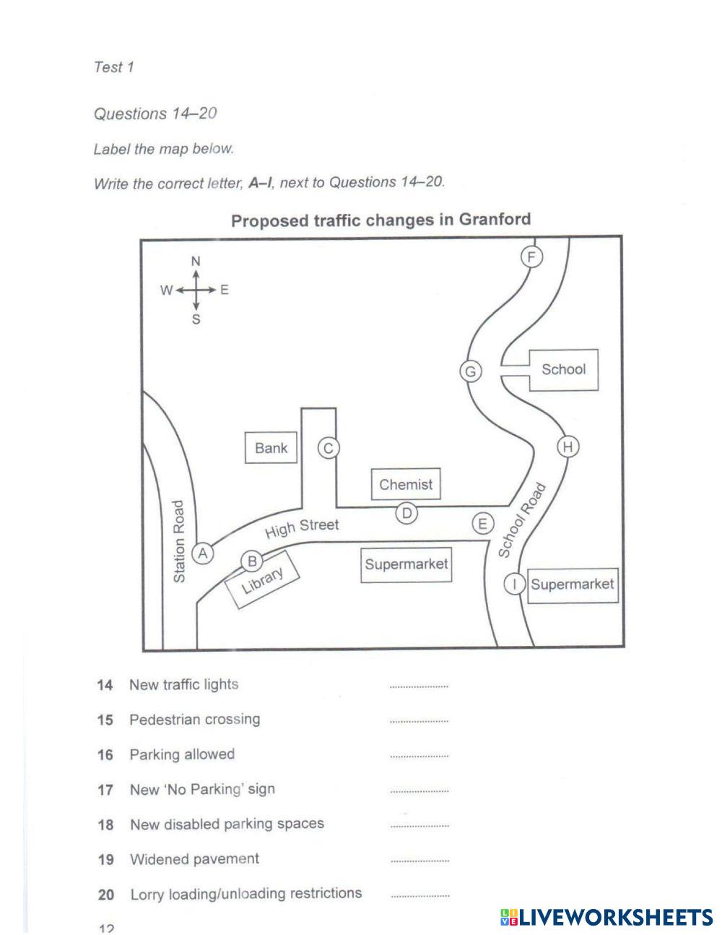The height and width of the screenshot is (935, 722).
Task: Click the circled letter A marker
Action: (x=203, y=553)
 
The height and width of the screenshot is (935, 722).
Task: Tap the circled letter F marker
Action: (x=532, y=257)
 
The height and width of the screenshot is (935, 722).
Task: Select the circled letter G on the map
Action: (x=471, y=371)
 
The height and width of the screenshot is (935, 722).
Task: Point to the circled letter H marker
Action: (x=568, y=447)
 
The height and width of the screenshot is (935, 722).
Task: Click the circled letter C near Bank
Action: (x=329, y=449)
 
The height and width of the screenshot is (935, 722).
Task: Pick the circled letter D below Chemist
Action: (x=407, y=514)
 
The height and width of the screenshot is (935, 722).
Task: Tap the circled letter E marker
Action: (x=483, y=524)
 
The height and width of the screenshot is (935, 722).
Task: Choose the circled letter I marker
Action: (x=514, y=584)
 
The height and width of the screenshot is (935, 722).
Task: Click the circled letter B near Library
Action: (x=252, y=561)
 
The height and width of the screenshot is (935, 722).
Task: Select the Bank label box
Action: (x=271, y=448)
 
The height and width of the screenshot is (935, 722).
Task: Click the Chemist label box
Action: (x=406, y=484)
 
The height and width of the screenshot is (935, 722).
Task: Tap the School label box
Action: (x=563, y=369)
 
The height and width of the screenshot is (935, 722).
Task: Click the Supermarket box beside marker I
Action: (x=572, y=584)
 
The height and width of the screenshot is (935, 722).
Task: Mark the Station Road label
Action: (x=180, y=541)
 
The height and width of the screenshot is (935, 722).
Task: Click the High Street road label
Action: (x=301, y=528)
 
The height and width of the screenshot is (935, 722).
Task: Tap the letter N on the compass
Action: (x=196, y=261)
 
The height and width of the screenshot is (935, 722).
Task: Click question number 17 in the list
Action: (x=105, y=790)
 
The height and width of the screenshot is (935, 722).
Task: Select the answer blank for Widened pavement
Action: (x=419, y=861)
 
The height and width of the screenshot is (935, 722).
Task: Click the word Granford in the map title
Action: (x=495, y=219)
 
